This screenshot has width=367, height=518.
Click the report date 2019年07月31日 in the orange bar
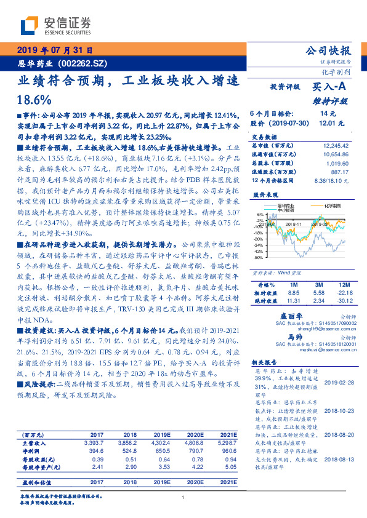point(56,50)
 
